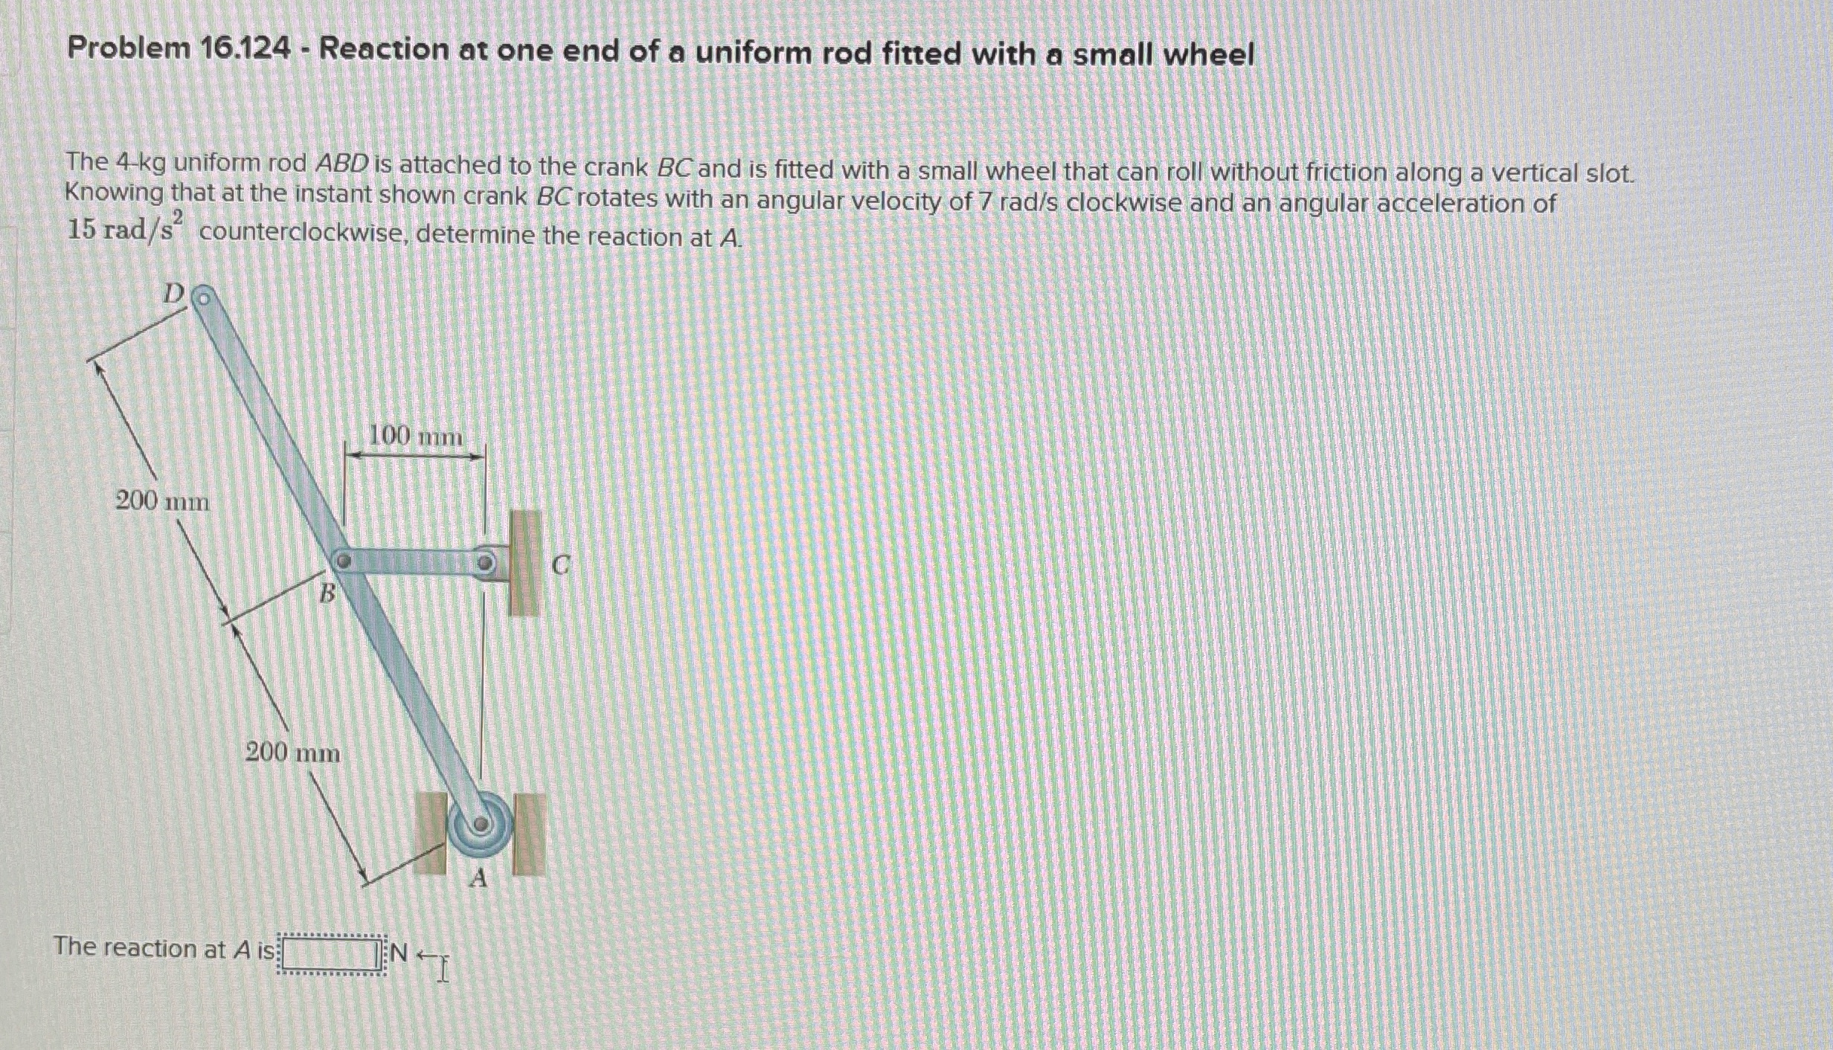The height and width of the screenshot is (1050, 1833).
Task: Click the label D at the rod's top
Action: [173, 294]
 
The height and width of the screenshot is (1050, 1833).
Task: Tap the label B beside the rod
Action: [327, 593]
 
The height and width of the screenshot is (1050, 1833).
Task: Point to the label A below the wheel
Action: [478, 879]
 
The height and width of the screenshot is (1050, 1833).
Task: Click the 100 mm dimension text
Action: [416, 436]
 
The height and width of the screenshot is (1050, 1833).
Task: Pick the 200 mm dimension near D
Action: [162, 501]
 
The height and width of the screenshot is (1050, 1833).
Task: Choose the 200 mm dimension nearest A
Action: [292, 753]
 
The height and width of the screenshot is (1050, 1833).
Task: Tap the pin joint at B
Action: [342, 561]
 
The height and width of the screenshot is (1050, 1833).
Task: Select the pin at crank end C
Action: [485, 563]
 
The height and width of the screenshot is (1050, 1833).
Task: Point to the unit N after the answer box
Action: [399, 952]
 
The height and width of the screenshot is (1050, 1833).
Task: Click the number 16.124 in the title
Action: [245, 49]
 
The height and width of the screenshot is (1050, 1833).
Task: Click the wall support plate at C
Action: [524, 563]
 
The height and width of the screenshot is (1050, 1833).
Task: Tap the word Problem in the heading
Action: [129, 48]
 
